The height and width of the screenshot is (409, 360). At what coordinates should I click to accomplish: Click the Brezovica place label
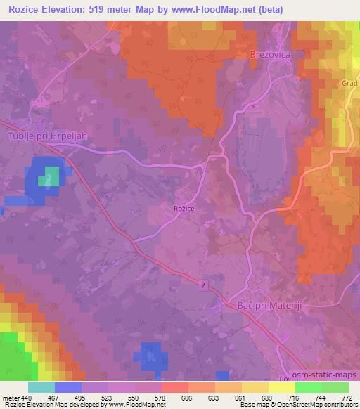click(x=270, y=53)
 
